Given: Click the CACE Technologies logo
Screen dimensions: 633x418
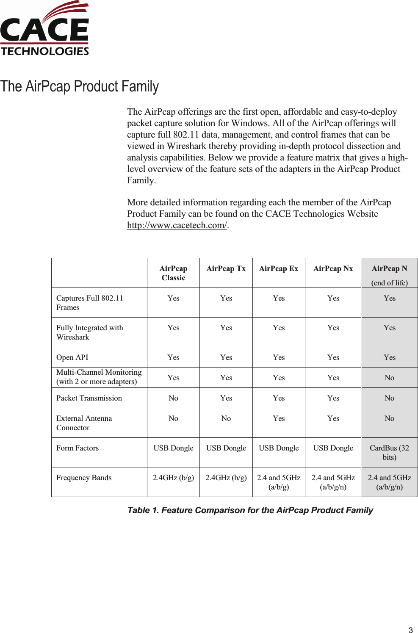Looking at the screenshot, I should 44,29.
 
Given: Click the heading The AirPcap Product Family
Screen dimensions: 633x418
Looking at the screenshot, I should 80,86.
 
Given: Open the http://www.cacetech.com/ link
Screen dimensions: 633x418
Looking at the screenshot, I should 177,225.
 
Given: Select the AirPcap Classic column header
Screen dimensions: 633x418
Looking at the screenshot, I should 173,273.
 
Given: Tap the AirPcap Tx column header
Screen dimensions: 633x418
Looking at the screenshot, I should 226,268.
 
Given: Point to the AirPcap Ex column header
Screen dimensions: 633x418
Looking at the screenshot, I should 279,268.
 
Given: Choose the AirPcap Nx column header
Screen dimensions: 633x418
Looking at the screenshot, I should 333,268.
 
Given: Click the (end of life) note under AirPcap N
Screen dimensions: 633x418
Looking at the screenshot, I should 390,283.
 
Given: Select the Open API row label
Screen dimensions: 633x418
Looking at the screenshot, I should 72,357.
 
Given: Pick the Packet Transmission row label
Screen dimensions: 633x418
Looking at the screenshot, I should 89,398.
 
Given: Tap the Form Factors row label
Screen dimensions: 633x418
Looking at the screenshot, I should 78,448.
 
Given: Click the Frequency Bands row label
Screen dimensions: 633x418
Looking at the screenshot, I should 84,478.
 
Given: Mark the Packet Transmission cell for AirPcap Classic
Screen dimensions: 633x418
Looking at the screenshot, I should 173,398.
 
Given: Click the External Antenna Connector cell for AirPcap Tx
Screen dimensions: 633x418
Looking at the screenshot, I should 226,418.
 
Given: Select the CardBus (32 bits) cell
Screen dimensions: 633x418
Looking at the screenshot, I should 390,453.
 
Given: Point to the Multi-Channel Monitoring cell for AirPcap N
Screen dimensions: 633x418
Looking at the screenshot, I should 390,378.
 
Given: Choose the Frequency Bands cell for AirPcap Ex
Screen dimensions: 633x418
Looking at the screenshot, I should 279,482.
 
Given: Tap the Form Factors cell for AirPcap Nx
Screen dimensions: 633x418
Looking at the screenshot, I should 333,448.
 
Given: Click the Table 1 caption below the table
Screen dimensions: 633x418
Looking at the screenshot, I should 250,510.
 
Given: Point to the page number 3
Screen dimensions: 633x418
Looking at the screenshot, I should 410,630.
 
